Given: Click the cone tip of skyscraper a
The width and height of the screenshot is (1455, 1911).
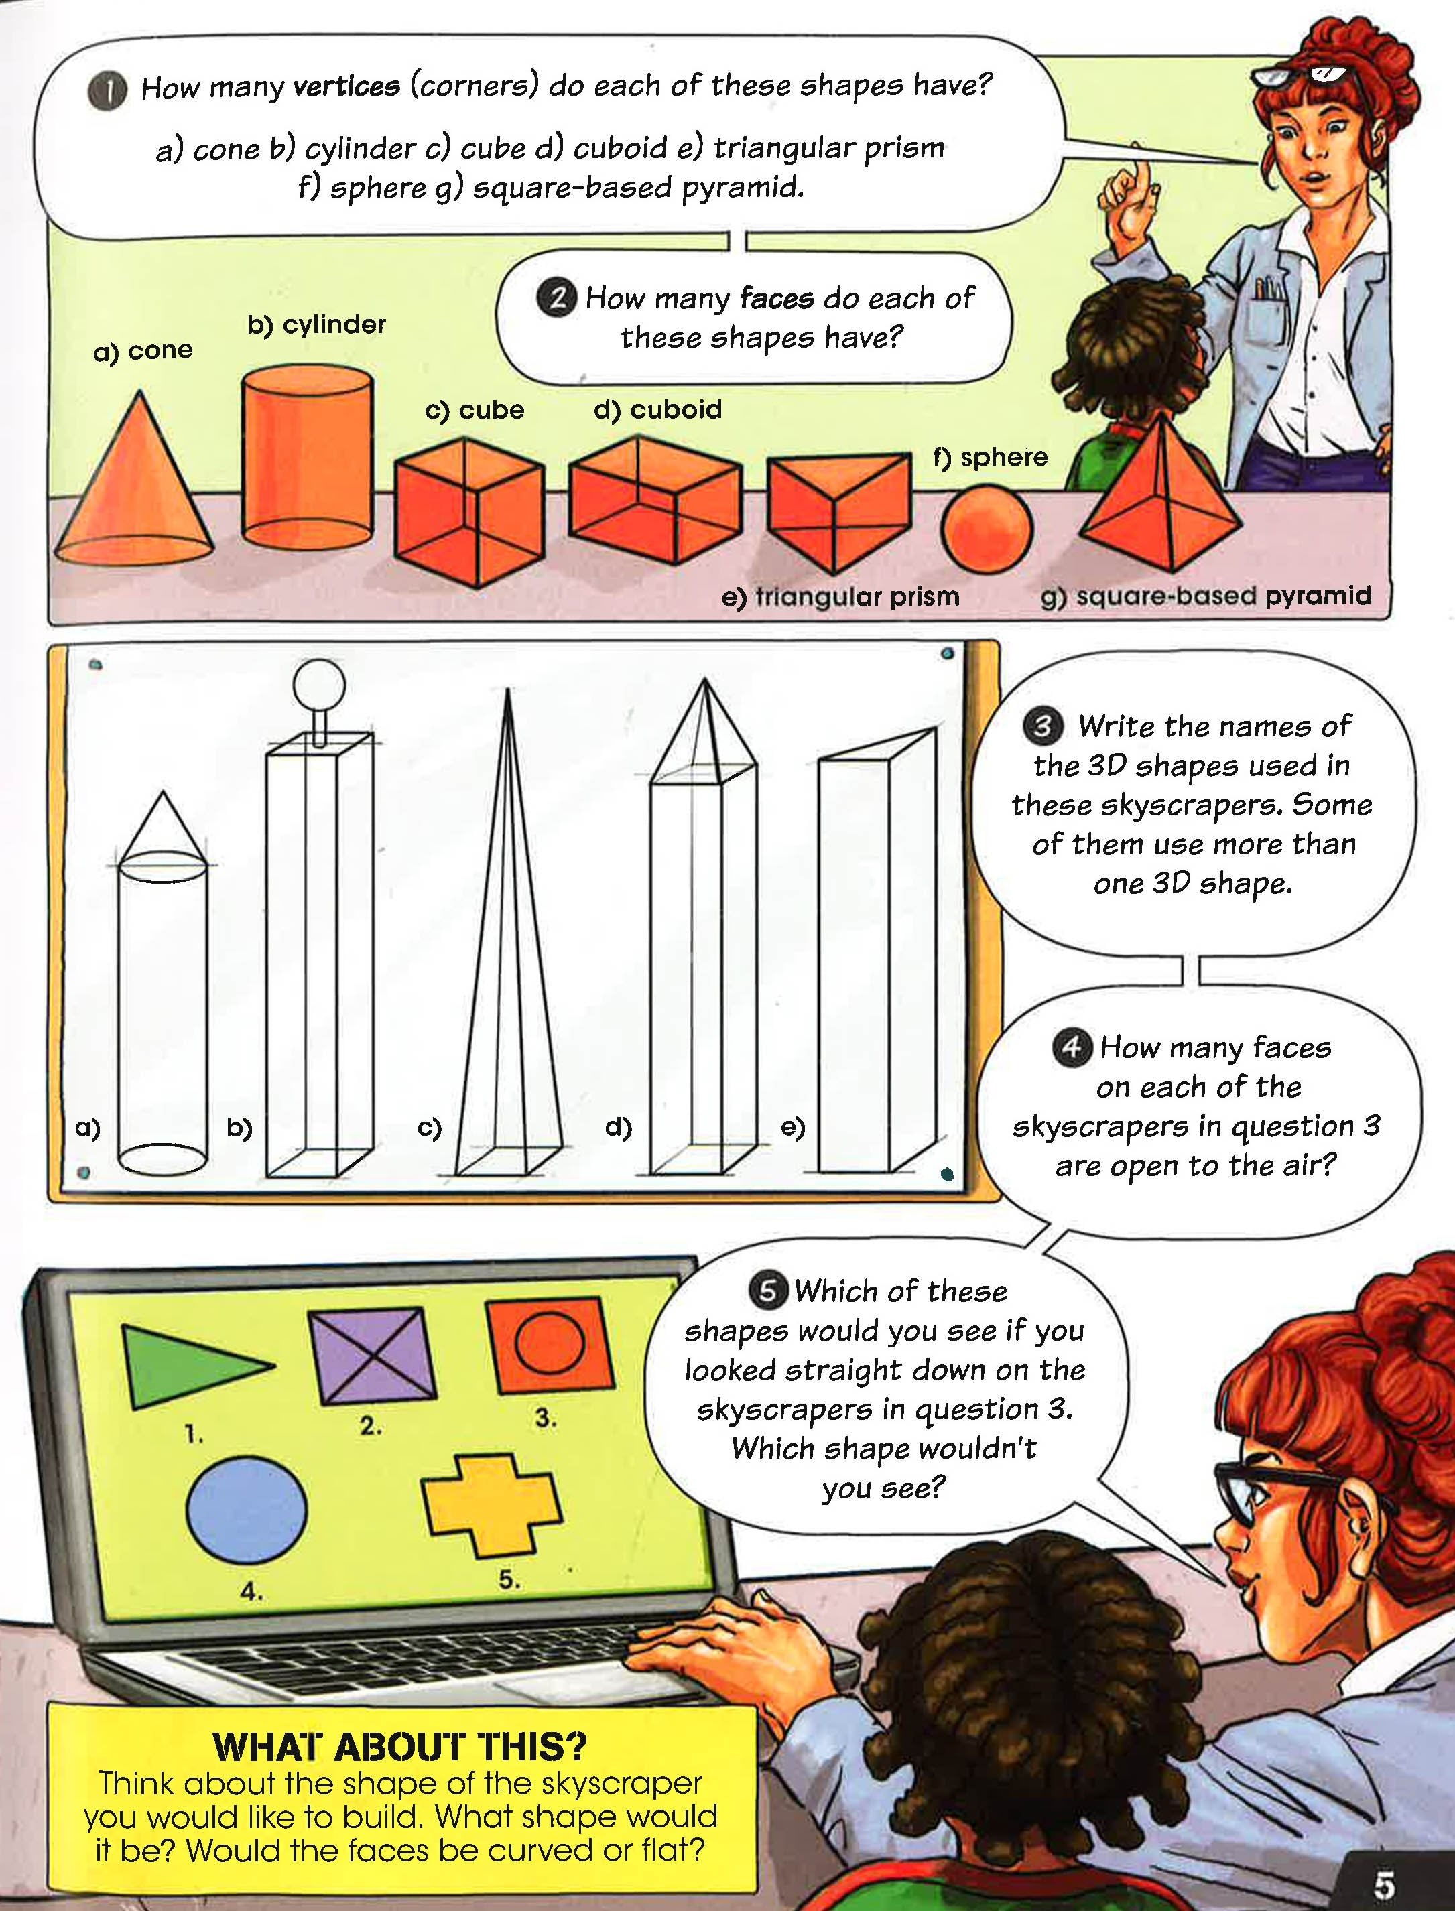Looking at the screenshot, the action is coord(162,791).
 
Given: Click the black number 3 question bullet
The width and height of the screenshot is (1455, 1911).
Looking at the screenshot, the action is coord(1042,726).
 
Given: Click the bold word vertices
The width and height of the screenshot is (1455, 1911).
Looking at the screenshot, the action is coord(347,86).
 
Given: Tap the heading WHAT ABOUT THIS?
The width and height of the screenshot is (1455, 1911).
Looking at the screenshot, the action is coord(400,1746).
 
